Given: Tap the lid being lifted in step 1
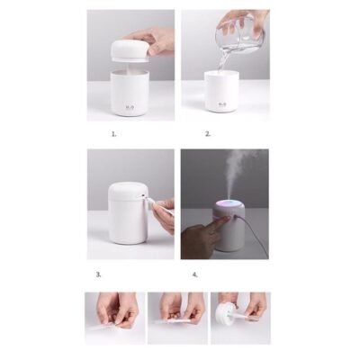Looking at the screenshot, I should (x=130, y=50).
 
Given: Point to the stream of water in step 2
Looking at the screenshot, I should (x=222, y=60).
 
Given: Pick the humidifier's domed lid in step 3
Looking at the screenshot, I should (x=127, y=192).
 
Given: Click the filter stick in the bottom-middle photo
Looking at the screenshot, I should (x=176, y=317).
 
